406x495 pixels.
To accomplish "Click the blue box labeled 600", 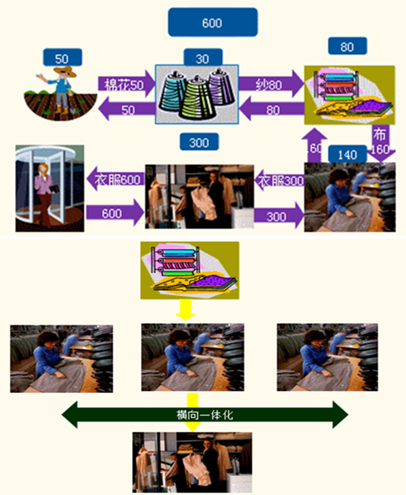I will [212, 22].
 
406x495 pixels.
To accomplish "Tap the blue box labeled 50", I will [62, 57].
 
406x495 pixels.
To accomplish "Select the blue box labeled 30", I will [202, 59].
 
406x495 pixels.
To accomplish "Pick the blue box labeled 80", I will [346, 47].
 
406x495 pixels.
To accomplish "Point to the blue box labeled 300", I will [200, 141].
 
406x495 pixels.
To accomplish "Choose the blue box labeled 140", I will [346, 155].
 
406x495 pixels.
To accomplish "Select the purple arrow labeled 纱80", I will [269, 85].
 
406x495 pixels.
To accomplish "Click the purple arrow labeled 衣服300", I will [279, 181].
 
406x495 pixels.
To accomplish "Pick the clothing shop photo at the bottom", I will [193, 463].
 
